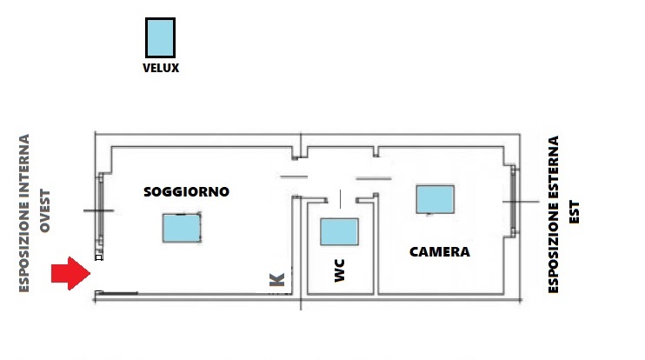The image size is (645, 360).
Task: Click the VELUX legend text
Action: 160,67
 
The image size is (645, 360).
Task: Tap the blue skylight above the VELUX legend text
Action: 160,39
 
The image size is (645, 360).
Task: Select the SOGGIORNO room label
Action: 186,192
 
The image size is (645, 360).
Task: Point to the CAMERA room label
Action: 439,252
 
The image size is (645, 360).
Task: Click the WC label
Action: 340,275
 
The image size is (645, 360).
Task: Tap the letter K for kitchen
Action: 276,280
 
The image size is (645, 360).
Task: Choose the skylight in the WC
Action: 339,232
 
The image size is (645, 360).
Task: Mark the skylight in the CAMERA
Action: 435,199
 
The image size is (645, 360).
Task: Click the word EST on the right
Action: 574,215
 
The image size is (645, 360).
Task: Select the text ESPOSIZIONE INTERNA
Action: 25,213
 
